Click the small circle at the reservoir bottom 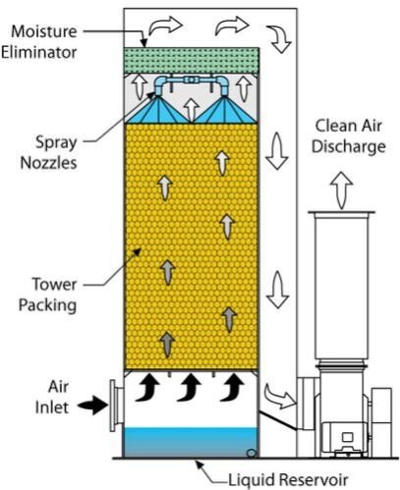point(254,453)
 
